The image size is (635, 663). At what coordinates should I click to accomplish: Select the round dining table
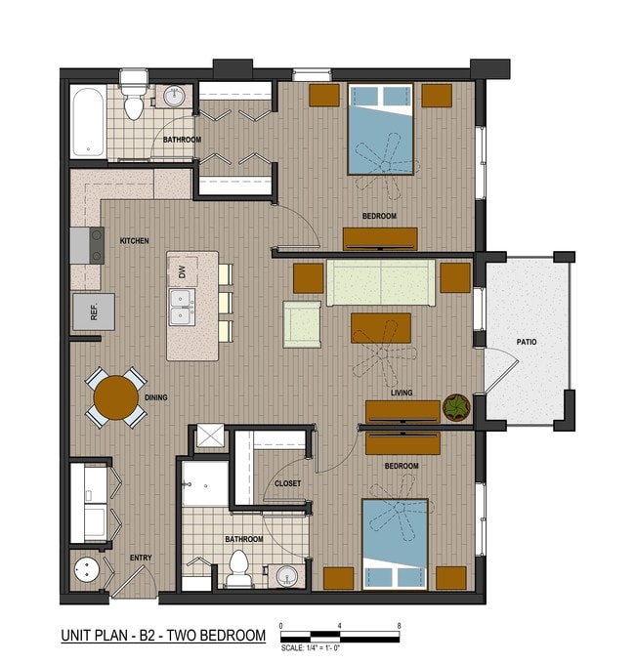[115, 397]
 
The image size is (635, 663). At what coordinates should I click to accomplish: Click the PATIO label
[528, 342]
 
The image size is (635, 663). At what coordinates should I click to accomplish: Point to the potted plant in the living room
[456, 406]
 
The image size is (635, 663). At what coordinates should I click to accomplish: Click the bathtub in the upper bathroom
[88, 123]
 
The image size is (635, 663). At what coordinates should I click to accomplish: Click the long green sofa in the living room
[380, 283]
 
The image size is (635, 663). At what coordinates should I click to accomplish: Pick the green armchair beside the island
[302, 324]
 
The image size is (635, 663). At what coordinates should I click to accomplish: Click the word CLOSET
[287, 483]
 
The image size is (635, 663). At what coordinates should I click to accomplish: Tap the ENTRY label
[141, 558]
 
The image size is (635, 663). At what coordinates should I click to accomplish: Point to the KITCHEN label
[134, 240]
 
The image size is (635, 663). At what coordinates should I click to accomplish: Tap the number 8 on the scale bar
[399, 626]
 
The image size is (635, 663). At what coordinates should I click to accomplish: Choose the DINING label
[155, 397]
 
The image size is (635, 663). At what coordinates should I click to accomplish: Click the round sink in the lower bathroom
[285, 577]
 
